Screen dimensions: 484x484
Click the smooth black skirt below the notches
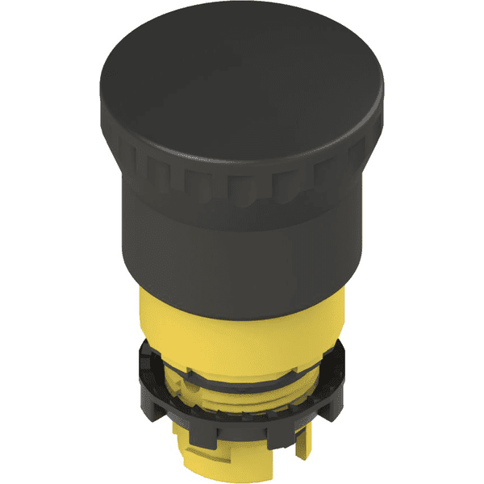tap(242, 258)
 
